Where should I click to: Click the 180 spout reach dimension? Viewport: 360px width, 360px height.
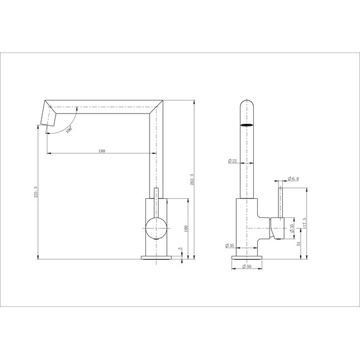(101, 152)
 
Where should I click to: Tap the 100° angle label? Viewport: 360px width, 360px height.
(69, 129)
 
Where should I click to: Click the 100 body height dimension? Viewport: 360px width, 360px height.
(186, 228)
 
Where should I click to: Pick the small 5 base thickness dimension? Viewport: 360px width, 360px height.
(181, 250)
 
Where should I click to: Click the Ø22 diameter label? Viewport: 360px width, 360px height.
(232, 162)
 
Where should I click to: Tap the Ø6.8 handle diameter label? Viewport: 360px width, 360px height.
(295, 179)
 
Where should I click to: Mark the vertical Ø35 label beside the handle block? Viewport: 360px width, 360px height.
(291, 228)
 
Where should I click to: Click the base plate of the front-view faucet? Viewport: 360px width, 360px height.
(155, 257)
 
